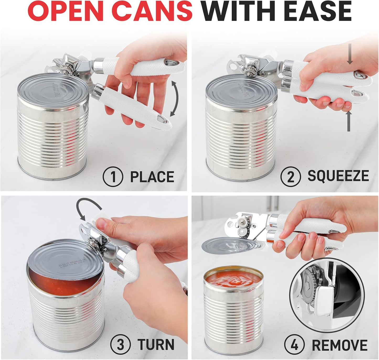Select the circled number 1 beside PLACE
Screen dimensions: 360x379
(113, 177)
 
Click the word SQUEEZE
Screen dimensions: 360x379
(338, 176)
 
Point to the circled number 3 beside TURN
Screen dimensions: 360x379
(120, 344)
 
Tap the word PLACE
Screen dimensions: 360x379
(152, 177)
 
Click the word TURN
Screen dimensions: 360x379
(156, 344)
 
